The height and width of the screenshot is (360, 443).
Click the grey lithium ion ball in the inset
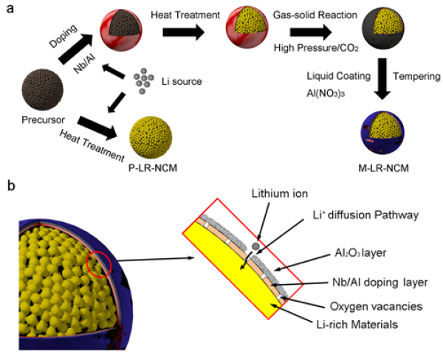click(x=255, y=245)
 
